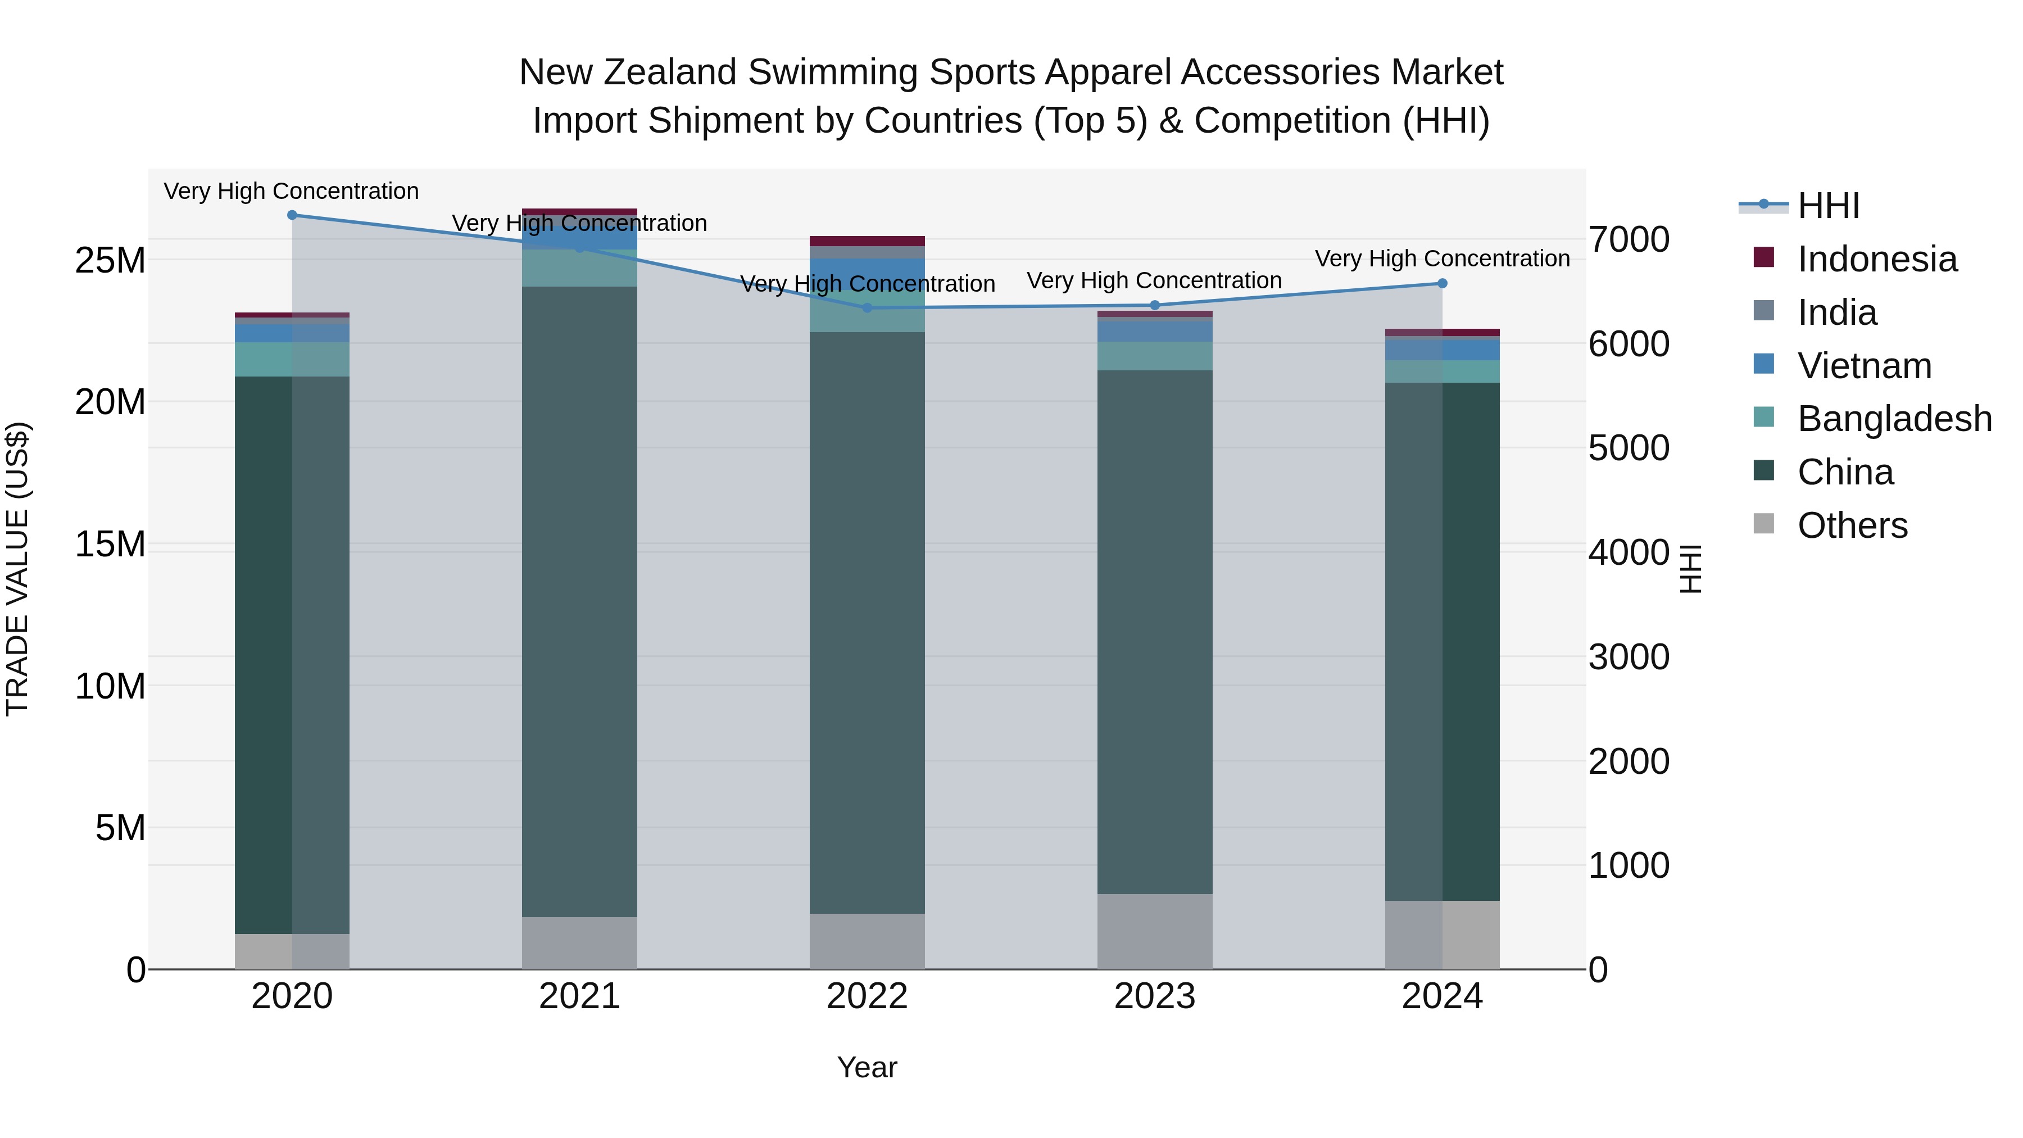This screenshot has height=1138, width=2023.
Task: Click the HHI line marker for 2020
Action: [x=292, y=215]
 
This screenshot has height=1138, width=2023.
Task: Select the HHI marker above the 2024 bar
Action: [x=1442, y=284]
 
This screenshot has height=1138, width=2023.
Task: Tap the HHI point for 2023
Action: [x=1154, y=306]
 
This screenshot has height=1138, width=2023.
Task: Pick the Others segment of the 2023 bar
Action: [x=1154, y=931]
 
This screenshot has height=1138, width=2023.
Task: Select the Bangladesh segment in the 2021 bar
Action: [x=579, y=268]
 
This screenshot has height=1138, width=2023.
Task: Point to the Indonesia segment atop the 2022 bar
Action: [x=867, y=241]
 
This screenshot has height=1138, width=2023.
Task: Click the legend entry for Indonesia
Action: [x=1877, y=259]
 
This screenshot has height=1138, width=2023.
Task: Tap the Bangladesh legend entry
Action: [x=1894, y=419]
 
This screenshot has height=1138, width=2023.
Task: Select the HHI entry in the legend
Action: [x=1828, y=206]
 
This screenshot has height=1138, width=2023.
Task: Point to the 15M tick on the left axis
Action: [x=110, y=544]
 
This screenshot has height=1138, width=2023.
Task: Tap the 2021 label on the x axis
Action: [x=579, y=996]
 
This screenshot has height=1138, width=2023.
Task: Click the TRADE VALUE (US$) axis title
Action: [x=18, y=569]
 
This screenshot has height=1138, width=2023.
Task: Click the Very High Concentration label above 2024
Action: [x=1442, y=259]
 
